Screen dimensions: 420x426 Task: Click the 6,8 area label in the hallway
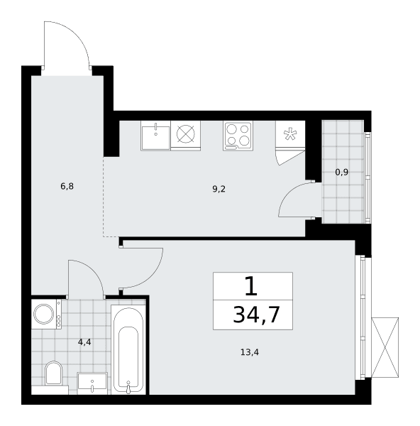(67, 186)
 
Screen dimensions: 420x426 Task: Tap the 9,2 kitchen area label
(219, 189)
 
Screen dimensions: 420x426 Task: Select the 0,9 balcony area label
(342, 173)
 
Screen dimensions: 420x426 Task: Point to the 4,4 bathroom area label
(84, 342)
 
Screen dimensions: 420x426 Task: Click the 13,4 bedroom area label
(250, 352)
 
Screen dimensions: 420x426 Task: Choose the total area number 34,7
(256, 315)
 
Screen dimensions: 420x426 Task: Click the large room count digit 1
(251, 287)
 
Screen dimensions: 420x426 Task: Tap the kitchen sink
(155, 136)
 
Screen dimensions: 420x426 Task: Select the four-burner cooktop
(238, 136)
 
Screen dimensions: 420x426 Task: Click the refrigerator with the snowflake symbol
(290, 134)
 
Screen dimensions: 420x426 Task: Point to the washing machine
(46, 314)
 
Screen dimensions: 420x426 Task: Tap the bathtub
(128, 349)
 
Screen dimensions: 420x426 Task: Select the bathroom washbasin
(92, 383)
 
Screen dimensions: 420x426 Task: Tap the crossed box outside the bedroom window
(385, 347)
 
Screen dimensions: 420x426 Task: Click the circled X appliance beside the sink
(186, 134)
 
